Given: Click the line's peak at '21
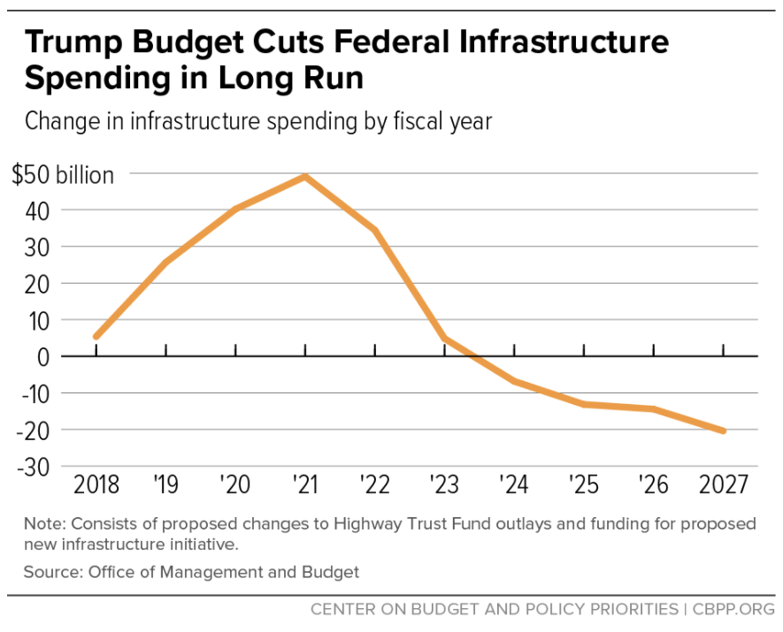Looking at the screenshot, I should (x=305, y=176).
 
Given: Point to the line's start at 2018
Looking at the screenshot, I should (x=96, y=337).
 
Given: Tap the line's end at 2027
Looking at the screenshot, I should (x=723, y=430).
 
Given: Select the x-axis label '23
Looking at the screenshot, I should (x=444, y=484).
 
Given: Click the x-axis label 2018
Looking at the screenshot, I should (x=96, y=484).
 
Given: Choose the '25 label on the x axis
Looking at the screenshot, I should (x=584, y=484).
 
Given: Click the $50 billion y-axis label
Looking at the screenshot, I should (x=64, y=175).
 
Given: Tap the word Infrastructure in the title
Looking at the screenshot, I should (x=567, y=42).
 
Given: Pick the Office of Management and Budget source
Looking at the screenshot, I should (x=224, y=572).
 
